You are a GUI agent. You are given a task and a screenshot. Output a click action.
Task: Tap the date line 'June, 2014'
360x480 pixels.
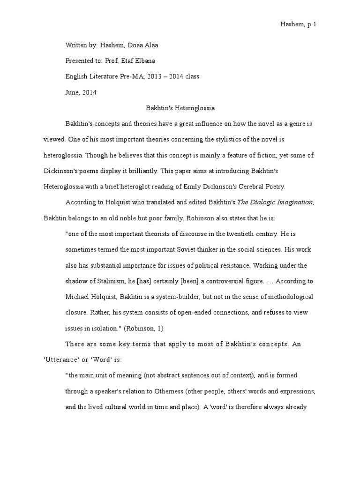click(81, 92)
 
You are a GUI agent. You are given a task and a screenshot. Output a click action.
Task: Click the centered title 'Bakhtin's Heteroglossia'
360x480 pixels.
click(178, 108)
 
